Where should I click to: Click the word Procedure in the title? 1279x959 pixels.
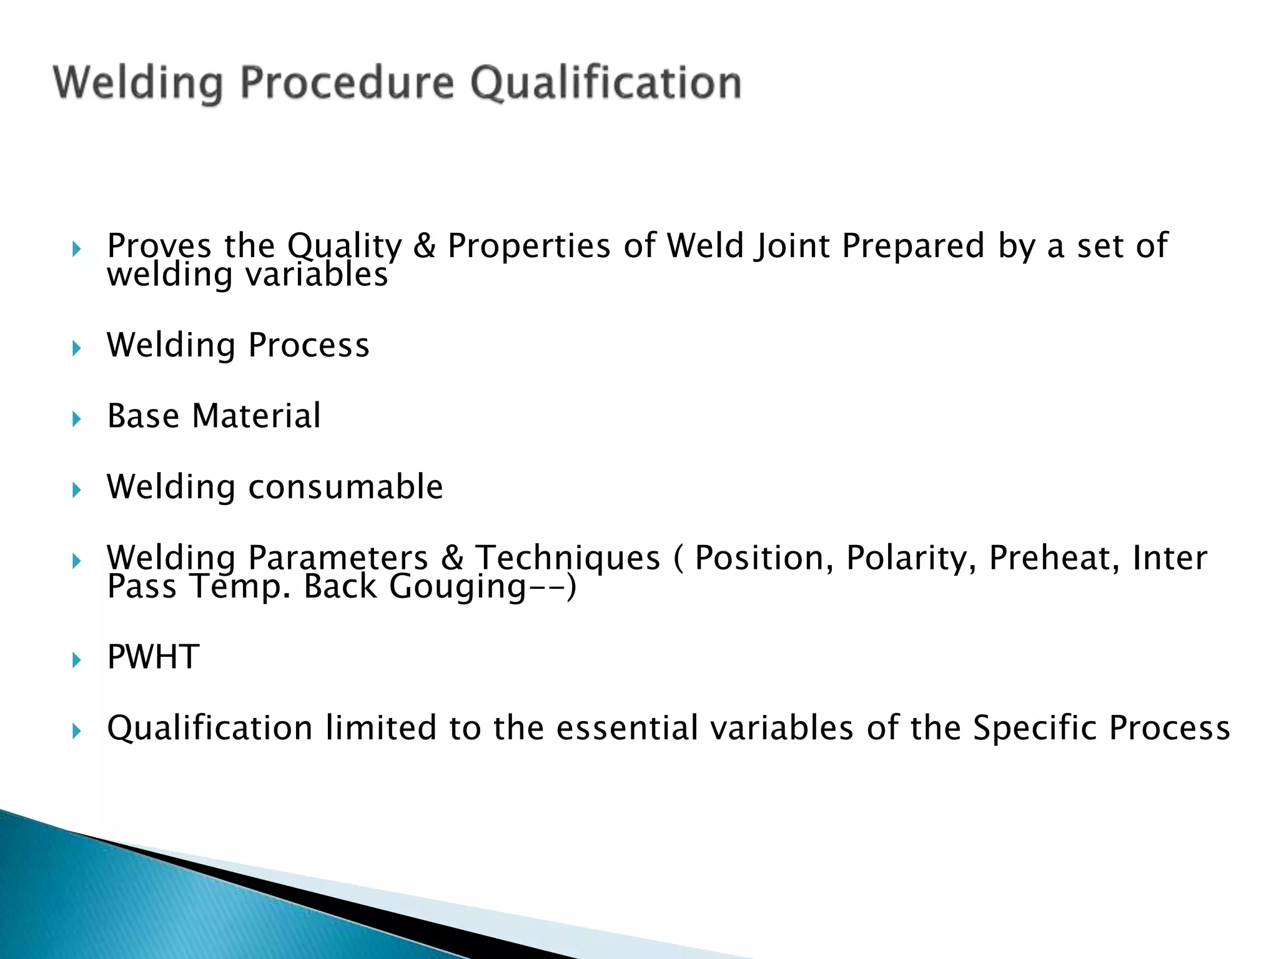tap(347, 83)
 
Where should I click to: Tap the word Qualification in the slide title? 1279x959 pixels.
tap(606, 83)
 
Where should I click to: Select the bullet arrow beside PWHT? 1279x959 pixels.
tap(76, 660)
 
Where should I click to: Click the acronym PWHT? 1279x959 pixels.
tap(153, 657)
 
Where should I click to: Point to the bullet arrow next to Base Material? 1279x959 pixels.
tap(76, 419)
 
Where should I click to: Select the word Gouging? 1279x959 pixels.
tap(458, 587)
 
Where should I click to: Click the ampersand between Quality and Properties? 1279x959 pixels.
tap(425, 245)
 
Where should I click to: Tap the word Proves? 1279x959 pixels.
tap(159, 246)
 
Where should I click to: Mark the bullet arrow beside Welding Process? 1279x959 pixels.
tap(76, 348)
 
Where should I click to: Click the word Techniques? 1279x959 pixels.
tap(568, 559)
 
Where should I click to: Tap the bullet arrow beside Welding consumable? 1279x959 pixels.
tap(76, 489)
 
